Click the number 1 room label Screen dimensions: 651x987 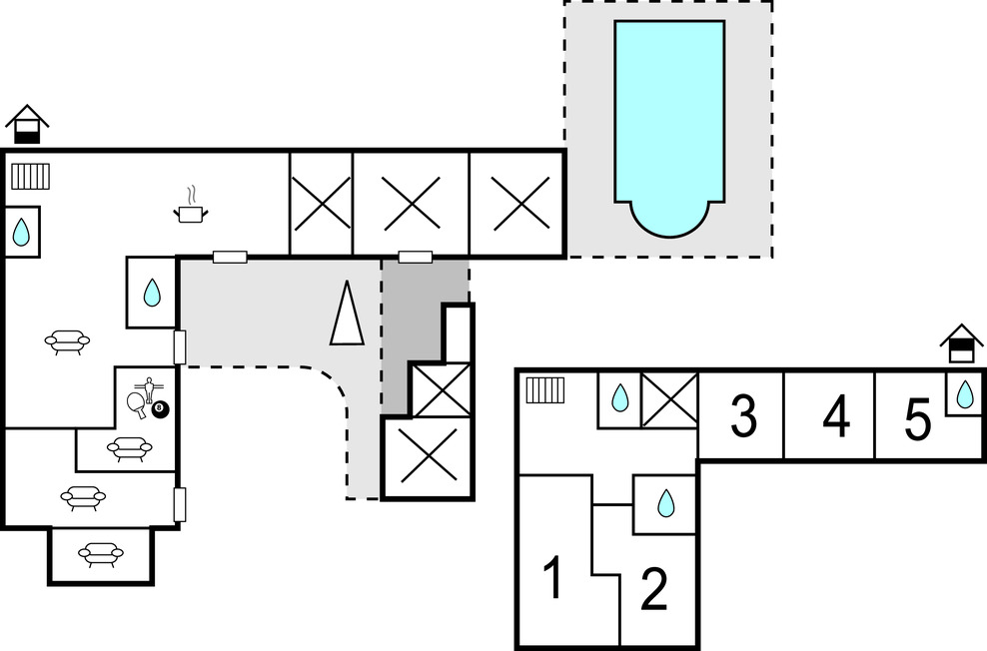pos(552,579)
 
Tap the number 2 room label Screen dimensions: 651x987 pos(653,590)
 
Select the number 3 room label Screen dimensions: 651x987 pos(742,416)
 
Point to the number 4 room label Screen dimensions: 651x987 pos(836,416)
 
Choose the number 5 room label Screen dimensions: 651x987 pos(918,419)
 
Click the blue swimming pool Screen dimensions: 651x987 pos(669,125)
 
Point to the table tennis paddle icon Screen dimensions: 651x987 pos(137,402)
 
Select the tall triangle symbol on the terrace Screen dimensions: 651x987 pos(347,314)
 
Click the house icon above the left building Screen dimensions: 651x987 pos(27,124)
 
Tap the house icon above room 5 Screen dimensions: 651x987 pos(961,344)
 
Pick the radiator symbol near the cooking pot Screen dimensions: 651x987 pos(30,177)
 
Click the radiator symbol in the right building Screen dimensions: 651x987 pos(546,388)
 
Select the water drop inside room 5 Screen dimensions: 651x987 pos(964,394)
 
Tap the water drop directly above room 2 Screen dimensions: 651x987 pos(665,504)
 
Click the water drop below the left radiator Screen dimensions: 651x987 pos(21,233)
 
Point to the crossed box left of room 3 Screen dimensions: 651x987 pos(669,399)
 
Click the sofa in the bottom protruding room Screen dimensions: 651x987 pos(100,554)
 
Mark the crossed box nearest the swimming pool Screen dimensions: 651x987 pos(519,204)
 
